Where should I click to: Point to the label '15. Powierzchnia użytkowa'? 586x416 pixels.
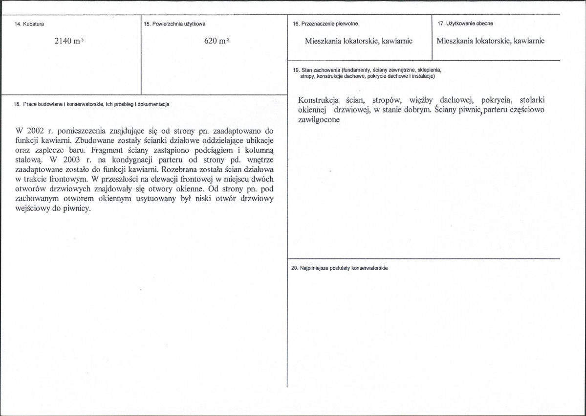coord(174,23)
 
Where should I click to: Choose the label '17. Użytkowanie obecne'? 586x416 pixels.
coord(465,23)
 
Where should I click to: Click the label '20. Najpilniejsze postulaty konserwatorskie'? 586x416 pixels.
coord(339,268)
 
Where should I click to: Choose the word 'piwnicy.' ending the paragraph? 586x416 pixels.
coord(77,208)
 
